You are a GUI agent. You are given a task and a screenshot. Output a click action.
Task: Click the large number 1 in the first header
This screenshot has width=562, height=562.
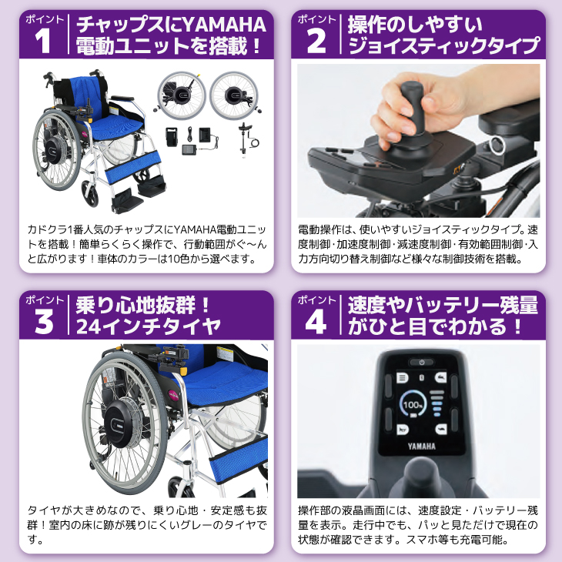43,42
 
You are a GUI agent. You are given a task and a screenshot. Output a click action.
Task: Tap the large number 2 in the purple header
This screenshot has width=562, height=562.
316,42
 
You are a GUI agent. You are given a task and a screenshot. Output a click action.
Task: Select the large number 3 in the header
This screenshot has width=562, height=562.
44,322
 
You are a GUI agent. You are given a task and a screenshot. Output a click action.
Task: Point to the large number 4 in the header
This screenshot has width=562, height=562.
316,322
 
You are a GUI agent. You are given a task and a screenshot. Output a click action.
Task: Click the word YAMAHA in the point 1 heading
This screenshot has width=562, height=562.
224,25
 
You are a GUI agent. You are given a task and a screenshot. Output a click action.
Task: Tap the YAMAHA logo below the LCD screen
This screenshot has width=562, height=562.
422,447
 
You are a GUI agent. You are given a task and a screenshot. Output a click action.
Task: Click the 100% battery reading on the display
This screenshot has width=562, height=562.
413,405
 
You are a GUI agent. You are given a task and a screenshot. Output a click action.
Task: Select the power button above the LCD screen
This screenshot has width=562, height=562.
422,363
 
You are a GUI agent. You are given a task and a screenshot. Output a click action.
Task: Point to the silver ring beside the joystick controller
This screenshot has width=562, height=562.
497,146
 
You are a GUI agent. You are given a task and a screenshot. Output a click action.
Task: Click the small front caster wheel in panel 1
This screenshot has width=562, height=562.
90,193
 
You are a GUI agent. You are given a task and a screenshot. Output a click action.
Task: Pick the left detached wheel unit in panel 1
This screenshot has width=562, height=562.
181,95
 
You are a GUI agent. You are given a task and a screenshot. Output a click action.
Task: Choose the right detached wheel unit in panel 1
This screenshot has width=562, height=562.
234,95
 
